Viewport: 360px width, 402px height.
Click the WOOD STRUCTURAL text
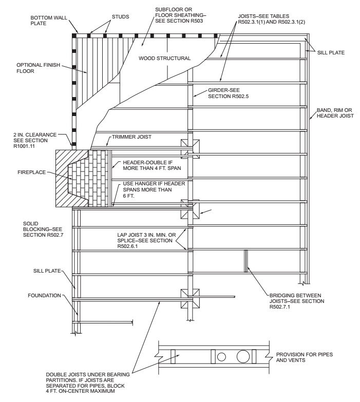(165, 59)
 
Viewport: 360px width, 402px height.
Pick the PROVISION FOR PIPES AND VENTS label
(299, 357)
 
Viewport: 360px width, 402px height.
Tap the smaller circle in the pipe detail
(221, 357)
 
